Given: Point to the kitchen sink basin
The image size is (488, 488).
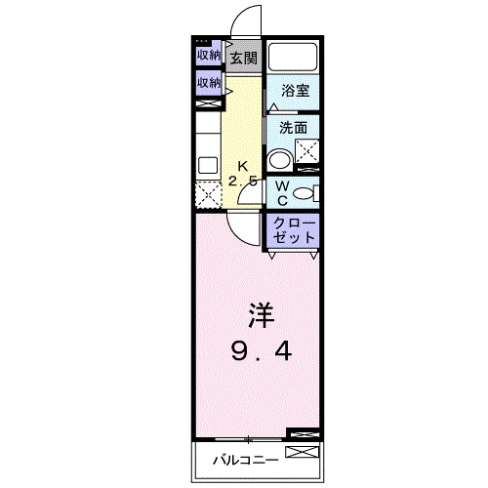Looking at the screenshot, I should click(x=206, y=165).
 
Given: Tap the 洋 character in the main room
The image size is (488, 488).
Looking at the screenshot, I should click(x=259, y=314).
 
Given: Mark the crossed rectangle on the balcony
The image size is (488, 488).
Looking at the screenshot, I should click(x=303, y=452).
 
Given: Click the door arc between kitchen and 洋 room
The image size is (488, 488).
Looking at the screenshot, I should click(x=241, y=224).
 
